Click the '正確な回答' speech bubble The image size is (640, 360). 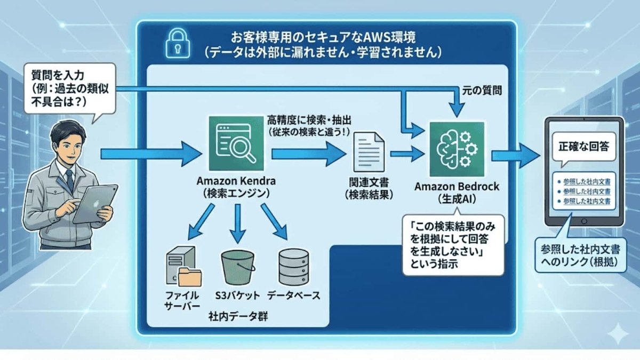[583, 146]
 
